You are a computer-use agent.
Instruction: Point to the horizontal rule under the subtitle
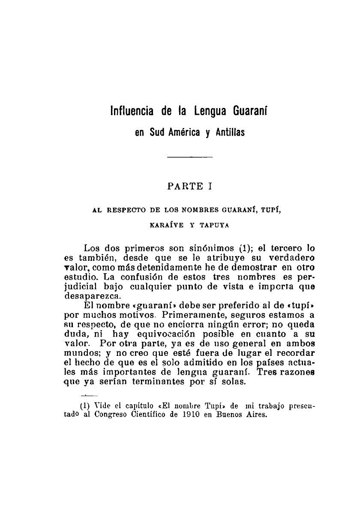190,158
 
